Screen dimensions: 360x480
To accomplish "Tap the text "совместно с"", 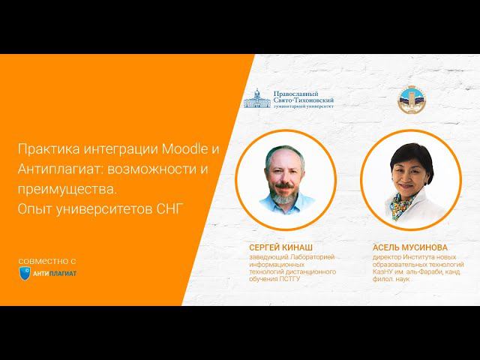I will pyautogui.click(x=48, y=259).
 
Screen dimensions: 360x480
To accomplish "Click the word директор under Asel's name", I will pyautogui.click(x=389, y=256).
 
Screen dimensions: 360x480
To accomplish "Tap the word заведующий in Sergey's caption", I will pyautogui.click(x=268, y=256).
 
